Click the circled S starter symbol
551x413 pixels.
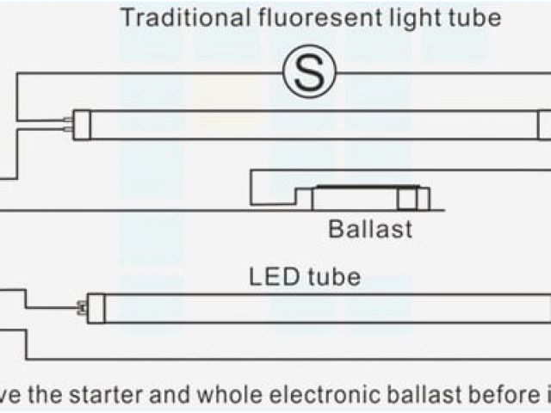(309, 75)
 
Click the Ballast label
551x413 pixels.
(370, 229)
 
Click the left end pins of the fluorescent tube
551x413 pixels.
(66, 124)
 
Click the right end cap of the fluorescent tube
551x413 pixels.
(544, 124)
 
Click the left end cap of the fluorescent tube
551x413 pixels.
(84, 124)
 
